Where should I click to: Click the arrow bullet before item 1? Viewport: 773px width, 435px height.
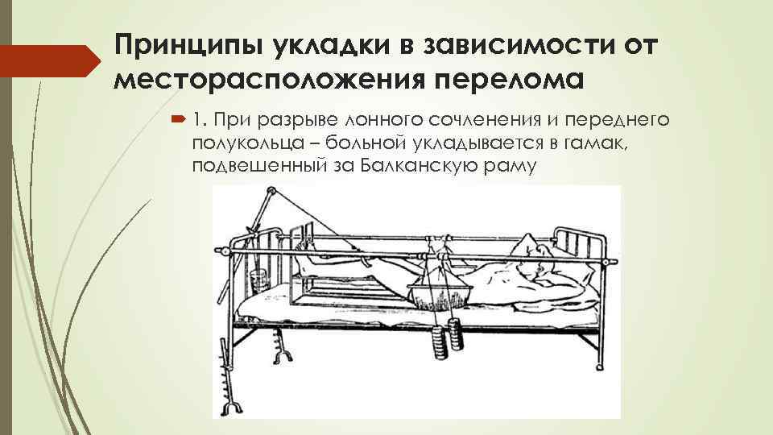[178, 121]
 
